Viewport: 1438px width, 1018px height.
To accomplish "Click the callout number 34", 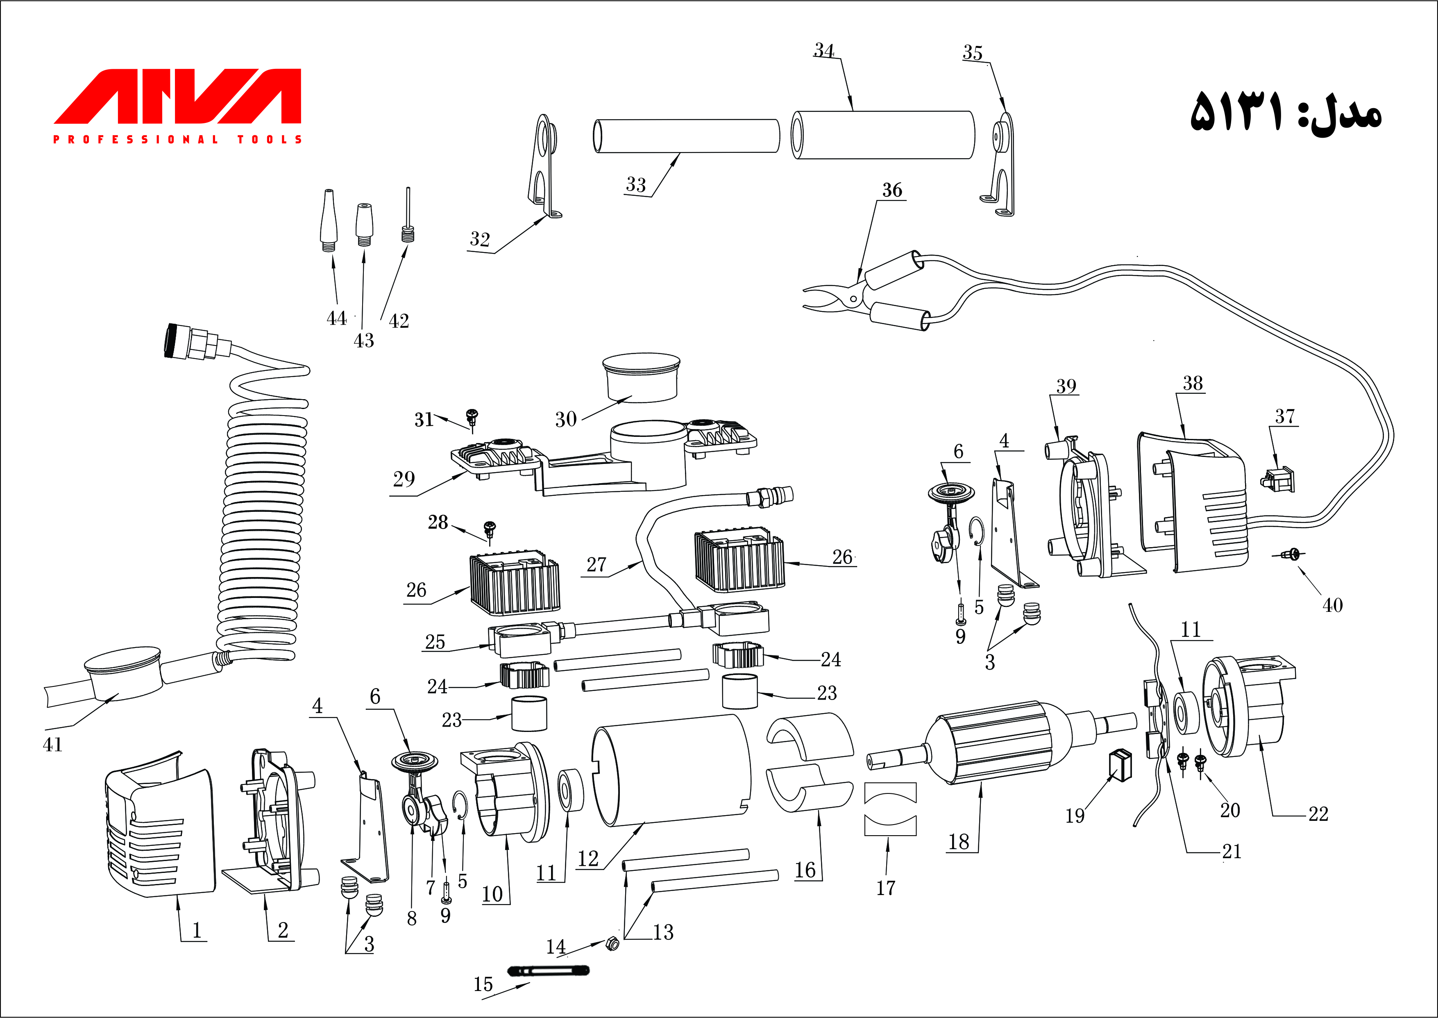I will pos(824,50).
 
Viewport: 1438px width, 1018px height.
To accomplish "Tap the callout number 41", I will pos(52,745).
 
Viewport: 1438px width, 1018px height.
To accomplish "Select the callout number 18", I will pos(959,842).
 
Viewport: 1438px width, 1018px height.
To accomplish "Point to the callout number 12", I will pos(588,858).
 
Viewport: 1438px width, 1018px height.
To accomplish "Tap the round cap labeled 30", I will pos(641,377).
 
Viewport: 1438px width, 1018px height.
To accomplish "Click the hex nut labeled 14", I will pos(613,943).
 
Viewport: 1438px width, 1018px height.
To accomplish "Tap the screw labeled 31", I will pos(472,416).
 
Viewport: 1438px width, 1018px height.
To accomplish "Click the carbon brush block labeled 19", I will pos(1121,765).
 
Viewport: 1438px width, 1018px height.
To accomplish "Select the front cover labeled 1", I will pos(160,831).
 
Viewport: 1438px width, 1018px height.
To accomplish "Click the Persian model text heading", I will pos(1284,111).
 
